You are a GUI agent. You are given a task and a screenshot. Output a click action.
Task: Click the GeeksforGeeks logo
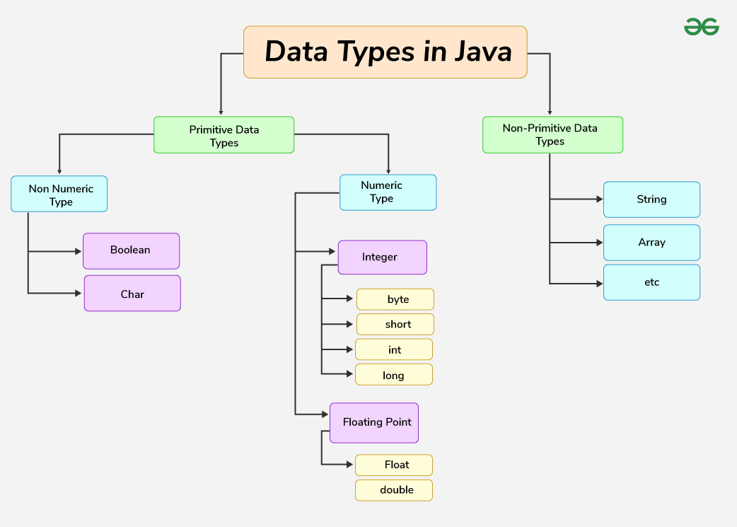701,27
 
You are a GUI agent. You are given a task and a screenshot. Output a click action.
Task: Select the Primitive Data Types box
224,135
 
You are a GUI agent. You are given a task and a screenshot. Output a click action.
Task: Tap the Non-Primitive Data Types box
552,134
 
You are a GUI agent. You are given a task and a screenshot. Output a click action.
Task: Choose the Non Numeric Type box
59,195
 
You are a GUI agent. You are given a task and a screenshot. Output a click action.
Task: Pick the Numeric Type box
388,192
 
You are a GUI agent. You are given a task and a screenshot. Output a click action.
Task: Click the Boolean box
131,250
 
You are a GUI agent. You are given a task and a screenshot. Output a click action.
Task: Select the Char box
132,294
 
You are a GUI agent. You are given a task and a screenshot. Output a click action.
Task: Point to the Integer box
382,257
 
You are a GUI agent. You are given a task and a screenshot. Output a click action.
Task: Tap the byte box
395,299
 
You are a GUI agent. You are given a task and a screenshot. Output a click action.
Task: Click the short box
395,324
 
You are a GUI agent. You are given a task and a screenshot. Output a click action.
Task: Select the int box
393,349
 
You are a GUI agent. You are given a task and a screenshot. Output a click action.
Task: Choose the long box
393,375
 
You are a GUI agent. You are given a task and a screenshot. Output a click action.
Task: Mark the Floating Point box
374,422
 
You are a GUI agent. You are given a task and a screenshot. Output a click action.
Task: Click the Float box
393,465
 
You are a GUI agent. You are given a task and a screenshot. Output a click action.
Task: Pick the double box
393,490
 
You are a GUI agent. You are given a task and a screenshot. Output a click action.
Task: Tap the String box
651,199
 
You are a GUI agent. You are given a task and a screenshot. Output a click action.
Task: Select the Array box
651,243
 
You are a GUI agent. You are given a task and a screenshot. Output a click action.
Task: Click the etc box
651,282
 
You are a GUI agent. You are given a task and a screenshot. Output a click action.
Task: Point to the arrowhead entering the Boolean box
79,251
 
